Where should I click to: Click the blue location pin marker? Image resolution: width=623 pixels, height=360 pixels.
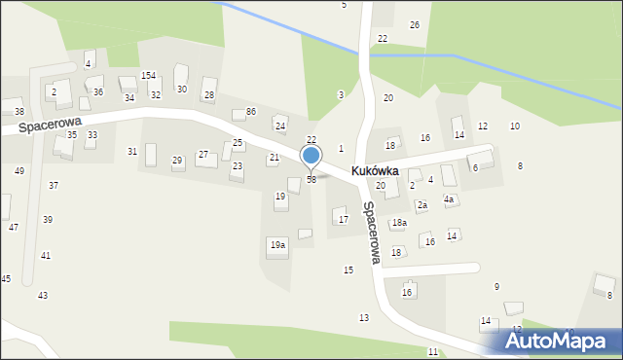pos(311,156)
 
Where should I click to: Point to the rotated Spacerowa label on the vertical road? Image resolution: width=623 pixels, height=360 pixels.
pos(370,233)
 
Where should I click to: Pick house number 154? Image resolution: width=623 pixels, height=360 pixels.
pos(148,75)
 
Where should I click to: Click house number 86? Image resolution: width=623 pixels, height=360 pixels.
pos(250,112)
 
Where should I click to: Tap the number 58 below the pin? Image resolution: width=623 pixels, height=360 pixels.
pos(311,180)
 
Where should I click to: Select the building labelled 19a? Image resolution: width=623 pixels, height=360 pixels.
pos(277,245)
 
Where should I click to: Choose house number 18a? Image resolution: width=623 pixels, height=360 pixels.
pos(399,223)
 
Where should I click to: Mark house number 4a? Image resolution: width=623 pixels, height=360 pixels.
pos(449,199)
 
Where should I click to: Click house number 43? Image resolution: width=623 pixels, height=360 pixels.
pos(42,295)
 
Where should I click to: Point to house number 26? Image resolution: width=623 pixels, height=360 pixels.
pos(415,24)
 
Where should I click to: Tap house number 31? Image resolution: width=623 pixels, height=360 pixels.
pos(132,151)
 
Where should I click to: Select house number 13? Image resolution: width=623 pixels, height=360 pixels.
pos(364,318)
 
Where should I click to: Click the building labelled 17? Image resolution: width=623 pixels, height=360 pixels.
pos(343,219)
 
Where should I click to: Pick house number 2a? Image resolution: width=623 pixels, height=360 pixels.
pos(422,205)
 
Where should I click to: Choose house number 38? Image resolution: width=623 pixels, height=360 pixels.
pos(19,112)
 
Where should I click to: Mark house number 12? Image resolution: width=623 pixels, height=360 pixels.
pos(483,126)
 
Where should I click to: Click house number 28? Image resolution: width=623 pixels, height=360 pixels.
pos(208,94)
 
